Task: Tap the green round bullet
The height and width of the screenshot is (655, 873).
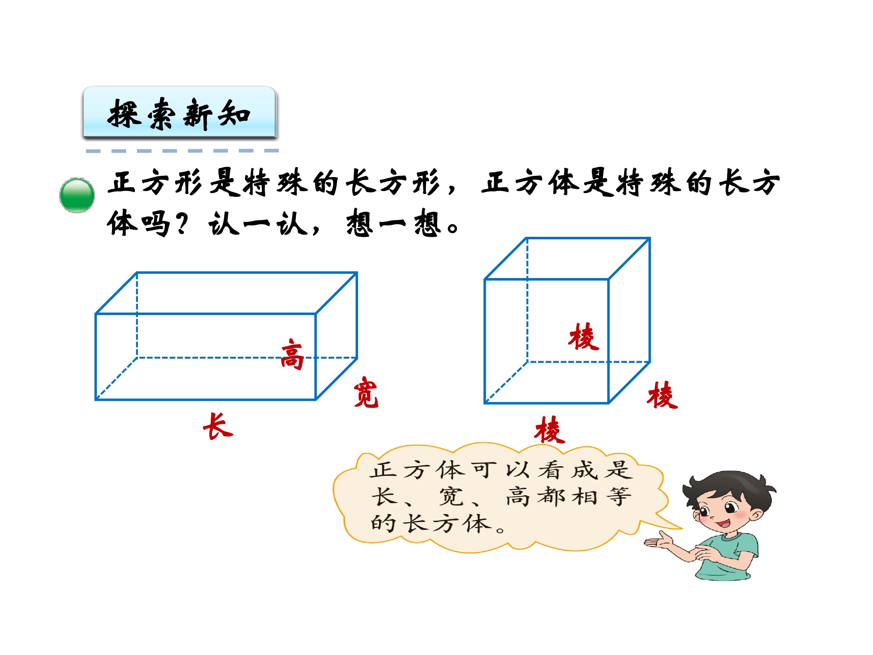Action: click(77, 195)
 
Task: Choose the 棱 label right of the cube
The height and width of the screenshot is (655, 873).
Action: click(662, 395)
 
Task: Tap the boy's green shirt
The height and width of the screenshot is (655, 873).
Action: click(730, 557)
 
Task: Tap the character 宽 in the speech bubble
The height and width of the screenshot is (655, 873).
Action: click(450, 497)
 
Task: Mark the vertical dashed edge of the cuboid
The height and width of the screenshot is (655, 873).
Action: click(137, 315)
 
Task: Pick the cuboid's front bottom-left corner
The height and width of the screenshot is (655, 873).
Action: click(96, 400)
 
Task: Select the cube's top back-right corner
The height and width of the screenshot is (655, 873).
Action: click(650, 238)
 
